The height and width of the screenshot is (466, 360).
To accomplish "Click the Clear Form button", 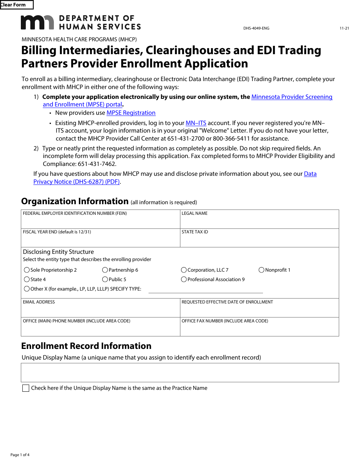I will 17,5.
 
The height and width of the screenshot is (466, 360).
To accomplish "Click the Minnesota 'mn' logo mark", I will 37,22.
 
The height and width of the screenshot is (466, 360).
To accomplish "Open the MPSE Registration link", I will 131,113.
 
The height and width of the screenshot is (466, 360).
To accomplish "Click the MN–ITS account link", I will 196,123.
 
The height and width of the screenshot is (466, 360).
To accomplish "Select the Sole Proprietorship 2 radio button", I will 27,270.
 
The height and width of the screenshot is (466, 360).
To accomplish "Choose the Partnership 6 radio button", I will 105,270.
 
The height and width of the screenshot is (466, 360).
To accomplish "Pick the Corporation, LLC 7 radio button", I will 184,270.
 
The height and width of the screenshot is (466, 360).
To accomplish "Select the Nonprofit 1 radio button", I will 261,270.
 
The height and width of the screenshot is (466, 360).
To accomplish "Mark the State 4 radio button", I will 27,280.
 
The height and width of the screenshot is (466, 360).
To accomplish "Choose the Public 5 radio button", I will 105,280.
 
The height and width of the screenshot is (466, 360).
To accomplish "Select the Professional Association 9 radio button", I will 184,280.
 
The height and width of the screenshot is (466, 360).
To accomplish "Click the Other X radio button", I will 27,289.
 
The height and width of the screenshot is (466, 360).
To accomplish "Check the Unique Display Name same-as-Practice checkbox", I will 26,388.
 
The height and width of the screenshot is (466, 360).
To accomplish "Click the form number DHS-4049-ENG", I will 256,28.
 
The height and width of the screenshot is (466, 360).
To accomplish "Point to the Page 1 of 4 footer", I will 20,455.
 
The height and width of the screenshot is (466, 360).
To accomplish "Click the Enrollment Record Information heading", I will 86,346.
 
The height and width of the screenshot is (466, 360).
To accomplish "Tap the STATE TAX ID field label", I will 195,232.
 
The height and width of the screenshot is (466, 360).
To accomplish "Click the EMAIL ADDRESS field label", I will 39,302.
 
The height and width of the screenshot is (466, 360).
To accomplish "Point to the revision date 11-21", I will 344,28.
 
